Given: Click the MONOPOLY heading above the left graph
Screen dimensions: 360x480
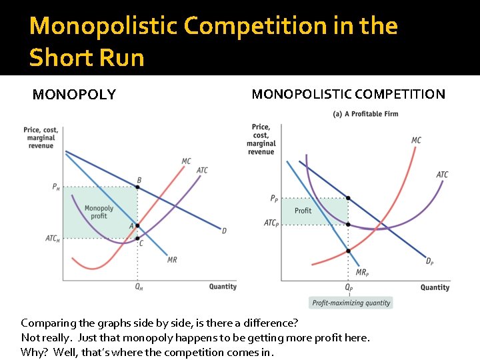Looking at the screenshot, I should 74,95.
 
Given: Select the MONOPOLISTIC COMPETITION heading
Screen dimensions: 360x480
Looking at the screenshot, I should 348,94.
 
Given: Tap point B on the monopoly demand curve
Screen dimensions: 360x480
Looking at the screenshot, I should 138,186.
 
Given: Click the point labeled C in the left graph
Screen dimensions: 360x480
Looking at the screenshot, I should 137,238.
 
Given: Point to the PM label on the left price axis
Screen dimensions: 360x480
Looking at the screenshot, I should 56,187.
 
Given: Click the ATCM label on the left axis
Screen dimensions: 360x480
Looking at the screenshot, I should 52,239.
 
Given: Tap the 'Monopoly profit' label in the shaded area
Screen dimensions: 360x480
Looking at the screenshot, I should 99,212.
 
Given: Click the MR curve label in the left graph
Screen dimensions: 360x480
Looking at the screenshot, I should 172,260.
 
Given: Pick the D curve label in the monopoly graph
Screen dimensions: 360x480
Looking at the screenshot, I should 224,231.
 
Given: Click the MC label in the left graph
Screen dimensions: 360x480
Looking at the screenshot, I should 186,161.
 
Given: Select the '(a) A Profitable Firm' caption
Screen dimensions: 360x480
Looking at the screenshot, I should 365,114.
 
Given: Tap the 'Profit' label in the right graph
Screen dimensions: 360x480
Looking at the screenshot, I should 303,211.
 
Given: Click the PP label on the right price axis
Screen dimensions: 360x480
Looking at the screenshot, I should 274,199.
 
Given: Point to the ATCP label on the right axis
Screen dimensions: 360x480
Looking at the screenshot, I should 271,223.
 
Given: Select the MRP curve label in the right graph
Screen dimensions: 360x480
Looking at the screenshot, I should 361,272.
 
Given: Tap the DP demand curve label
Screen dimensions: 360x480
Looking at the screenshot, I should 429,261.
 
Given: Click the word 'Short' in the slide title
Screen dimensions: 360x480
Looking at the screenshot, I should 58,58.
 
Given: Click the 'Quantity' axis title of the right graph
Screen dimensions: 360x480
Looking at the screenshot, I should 435,287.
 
